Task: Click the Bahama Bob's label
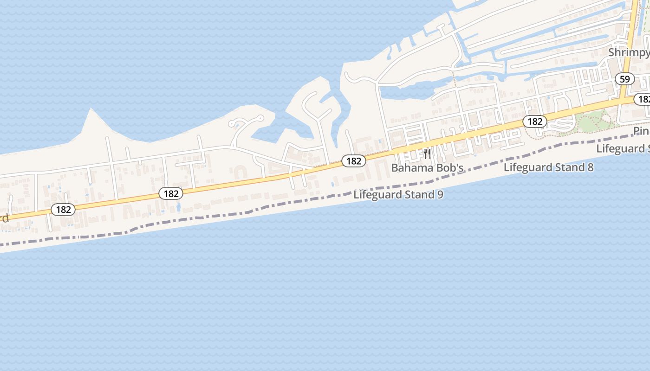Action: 427,168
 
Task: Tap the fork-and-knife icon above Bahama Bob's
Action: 427,154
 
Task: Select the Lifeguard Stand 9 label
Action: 398,194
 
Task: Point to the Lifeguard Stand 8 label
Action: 548,167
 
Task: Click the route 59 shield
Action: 624,79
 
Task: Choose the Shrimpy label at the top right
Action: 629,52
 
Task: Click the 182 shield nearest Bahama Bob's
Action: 354,161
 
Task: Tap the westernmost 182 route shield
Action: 63,210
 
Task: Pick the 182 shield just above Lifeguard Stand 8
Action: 535,122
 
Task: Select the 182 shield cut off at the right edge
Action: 643,99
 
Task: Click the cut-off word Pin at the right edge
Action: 641,132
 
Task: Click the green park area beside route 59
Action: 597,121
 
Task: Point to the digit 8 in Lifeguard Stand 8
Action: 590,167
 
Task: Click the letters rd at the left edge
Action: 4,218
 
